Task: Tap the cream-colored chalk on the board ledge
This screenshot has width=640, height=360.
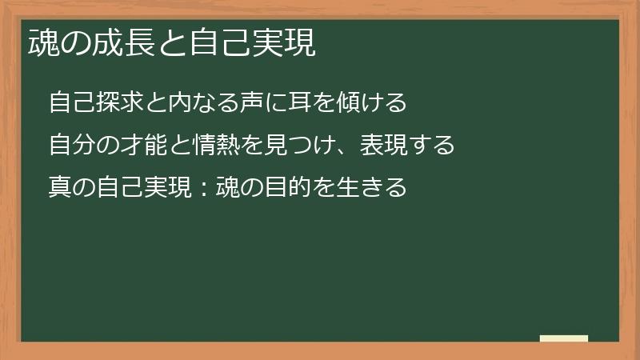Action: click(564, 338)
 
